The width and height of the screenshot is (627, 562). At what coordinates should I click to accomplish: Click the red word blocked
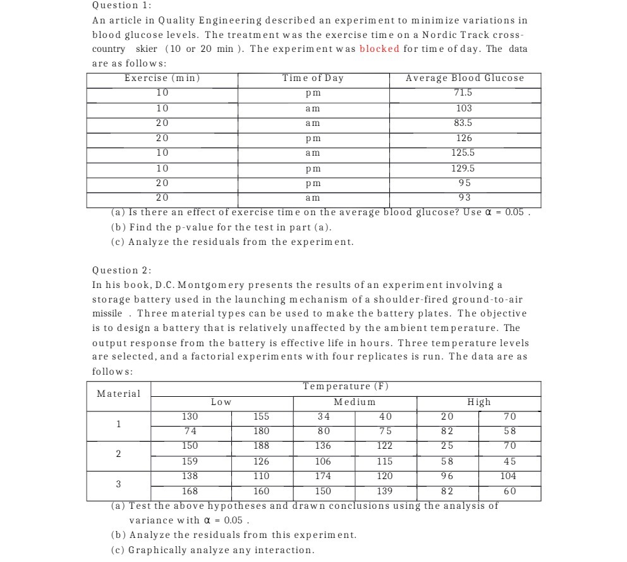(x=379, y=49)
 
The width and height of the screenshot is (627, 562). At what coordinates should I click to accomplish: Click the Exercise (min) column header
(x=162, y=78)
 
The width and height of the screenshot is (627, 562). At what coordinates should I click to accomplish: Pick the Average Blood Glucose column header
(x=465, y=78)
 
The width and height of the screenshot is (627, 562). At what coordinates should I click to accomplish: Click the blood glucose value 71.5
(x=465, y=93)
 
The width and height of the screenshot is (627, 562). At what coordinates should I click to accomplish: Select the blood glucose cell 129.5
(x=465, y=168)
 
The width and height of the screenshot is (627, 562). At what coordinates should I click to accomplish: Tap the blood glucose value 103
(x=465, y=108)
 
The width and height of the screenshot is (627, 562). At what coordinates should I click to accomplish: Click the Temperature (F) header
(x=345, y=386)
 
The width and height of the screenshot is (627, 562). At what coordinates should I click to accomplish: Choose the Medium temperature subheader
(x=355, y=402)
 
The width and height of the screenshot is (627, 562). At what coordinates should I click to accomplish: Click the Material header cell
(x=119, y=394)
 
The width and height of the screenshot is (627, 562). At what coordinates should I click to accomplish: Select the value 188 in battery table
(x=261, y=446)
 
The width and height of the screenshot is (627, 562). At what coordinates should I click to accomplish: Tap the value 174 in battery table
(x=323, y=476)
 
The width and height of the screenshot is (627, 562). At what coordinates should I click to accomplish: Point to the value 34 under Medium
(x=323, y=416)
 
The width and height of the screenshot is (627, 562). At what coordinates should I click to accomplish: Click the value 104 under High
(x=508, y=476)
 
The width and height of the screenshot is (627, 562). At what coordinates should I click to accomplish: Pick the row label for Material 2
(x=118, y=454)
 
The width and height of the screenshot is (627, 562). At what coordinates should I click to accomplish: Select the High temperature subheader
(x=478, y=402)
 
